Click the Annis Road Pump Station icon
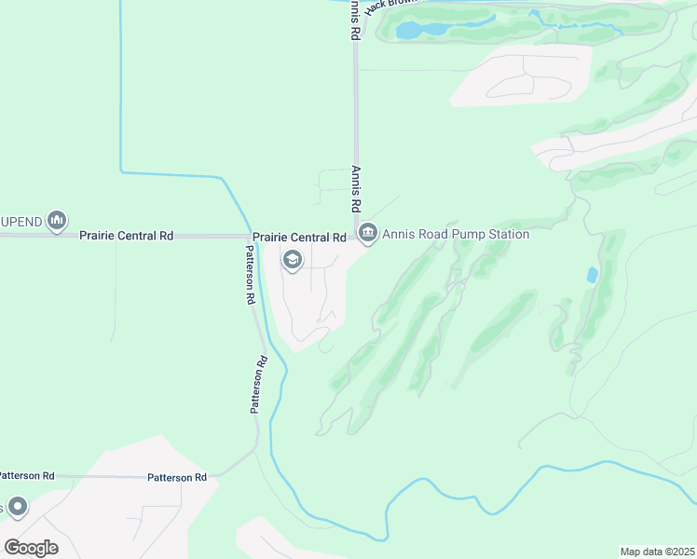tap(367, 233)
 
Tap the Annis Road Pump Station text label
tap(456, 234)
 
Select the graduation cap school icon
tap(292, 260)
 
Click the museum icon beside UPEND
tap(57, 220)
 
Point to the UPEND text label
tap(20, 221)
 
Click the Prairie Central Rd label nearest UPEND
tap(127, 237)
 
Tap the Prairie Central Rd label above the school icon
tap(300, 238)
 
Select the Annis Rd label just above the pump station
tap(356, 188)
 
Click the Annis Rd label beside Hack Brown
tap(354, 19)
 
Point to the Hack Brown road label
tap(389, 6)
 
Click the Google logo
tap(31, 547)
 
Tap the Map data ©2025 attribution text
tap(657, 552)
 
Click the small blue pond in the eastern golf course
tap(593, 275)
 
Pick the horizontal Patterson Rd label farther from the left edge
tap(177, 477)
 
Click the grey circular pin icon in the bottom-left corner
tap(16, 507)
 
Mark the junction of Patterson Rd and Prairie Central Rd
tap(248, 237)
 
